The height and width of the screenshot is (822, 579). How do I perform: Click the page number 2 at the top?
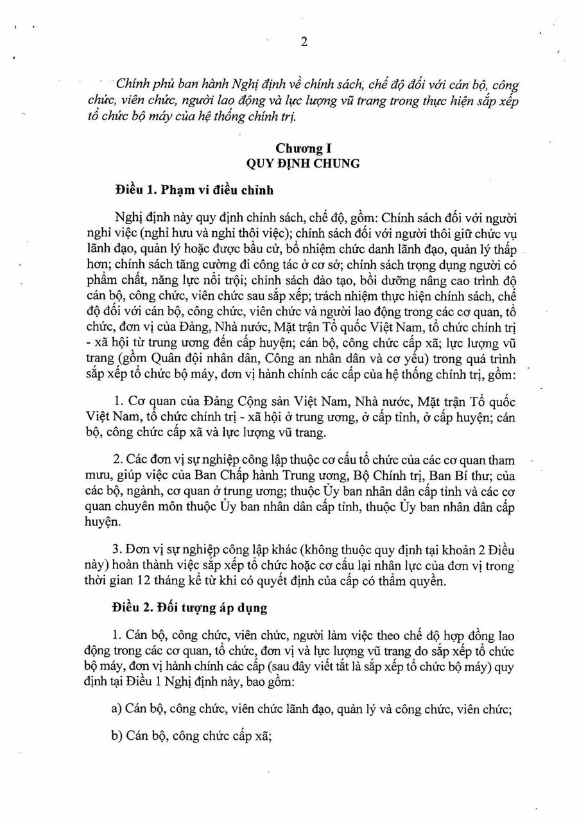304,42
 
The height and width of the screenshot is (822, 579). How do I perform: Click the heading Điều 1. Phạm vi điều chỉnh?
194,190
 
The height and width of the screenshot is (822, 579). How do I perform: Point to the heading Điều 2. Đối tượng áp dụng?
189,607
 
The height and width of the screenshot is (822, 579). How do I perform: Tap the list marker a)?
116,708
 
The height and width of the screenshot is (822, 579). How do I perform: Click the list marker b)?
116,736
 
